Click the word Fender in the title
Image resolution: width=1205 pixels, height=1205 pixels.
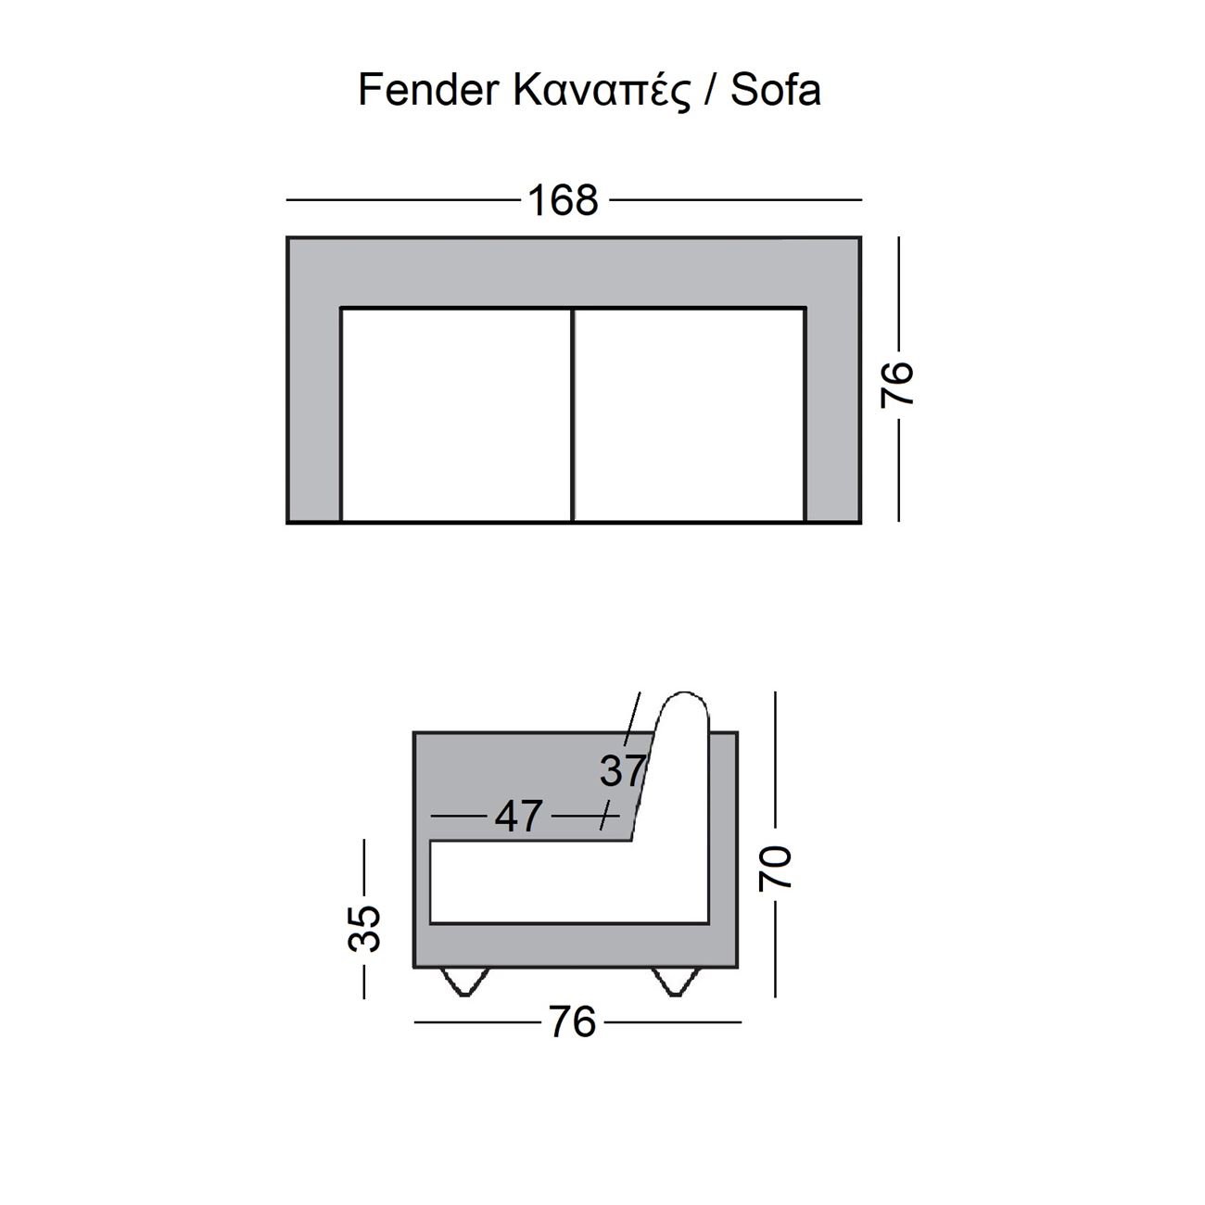(428, 89)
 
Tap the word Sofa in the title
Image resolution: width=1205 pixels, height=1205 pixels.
(775, 89)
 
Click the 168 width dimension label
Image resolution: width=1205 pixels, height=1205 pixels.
(564, 200)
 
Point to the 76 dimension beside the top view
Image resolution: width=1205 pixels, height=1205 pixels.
(897, 386)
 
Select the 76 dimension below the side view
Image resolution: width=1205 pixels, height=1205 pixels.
(572, 1021)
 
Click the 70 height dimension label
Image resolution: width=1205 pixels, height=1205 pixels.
(776, 868)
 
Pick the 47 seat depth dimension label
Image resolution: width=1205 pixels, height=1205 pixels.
(518, 816)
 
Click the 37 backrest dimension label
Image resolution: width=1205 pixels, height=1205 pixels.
(622, 770)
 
